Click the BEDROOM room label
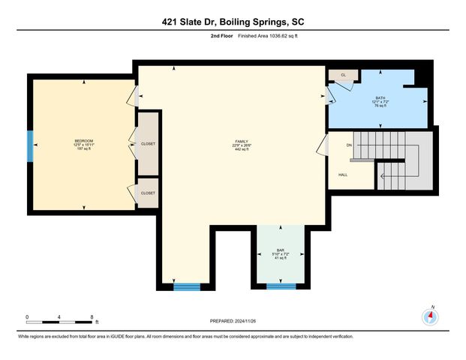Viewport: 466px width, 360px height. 83,140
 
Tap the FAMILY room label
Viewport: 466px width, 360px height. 242,140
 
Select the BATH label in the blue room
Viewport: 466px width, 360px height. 380,97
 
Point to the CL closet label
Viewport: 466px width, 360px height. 343,75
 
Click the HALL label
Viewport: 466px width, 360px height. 343,175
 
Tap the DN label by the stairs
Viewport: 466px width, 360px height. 349,145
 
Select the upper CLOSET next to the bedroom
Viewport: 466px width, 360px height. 148,143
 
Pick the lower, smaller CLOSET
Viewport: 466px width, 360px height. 148,193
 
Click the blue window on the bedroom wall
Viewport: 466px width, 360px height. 31,145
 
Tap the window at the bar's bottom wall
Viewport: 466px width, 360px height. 281,286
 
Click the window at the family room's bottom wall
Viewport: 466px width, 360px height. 188,286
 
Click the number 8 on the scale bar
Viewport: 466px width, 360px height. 92,316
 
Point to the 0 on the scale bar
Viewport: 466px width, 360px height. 27,316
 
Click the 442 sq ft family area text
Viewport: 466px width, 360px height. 242,150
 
